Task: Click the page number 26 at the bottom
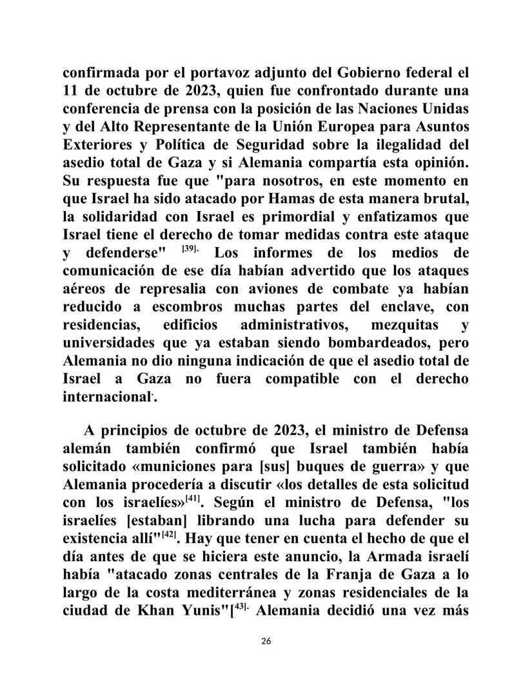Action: click(x=266, y=641)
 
